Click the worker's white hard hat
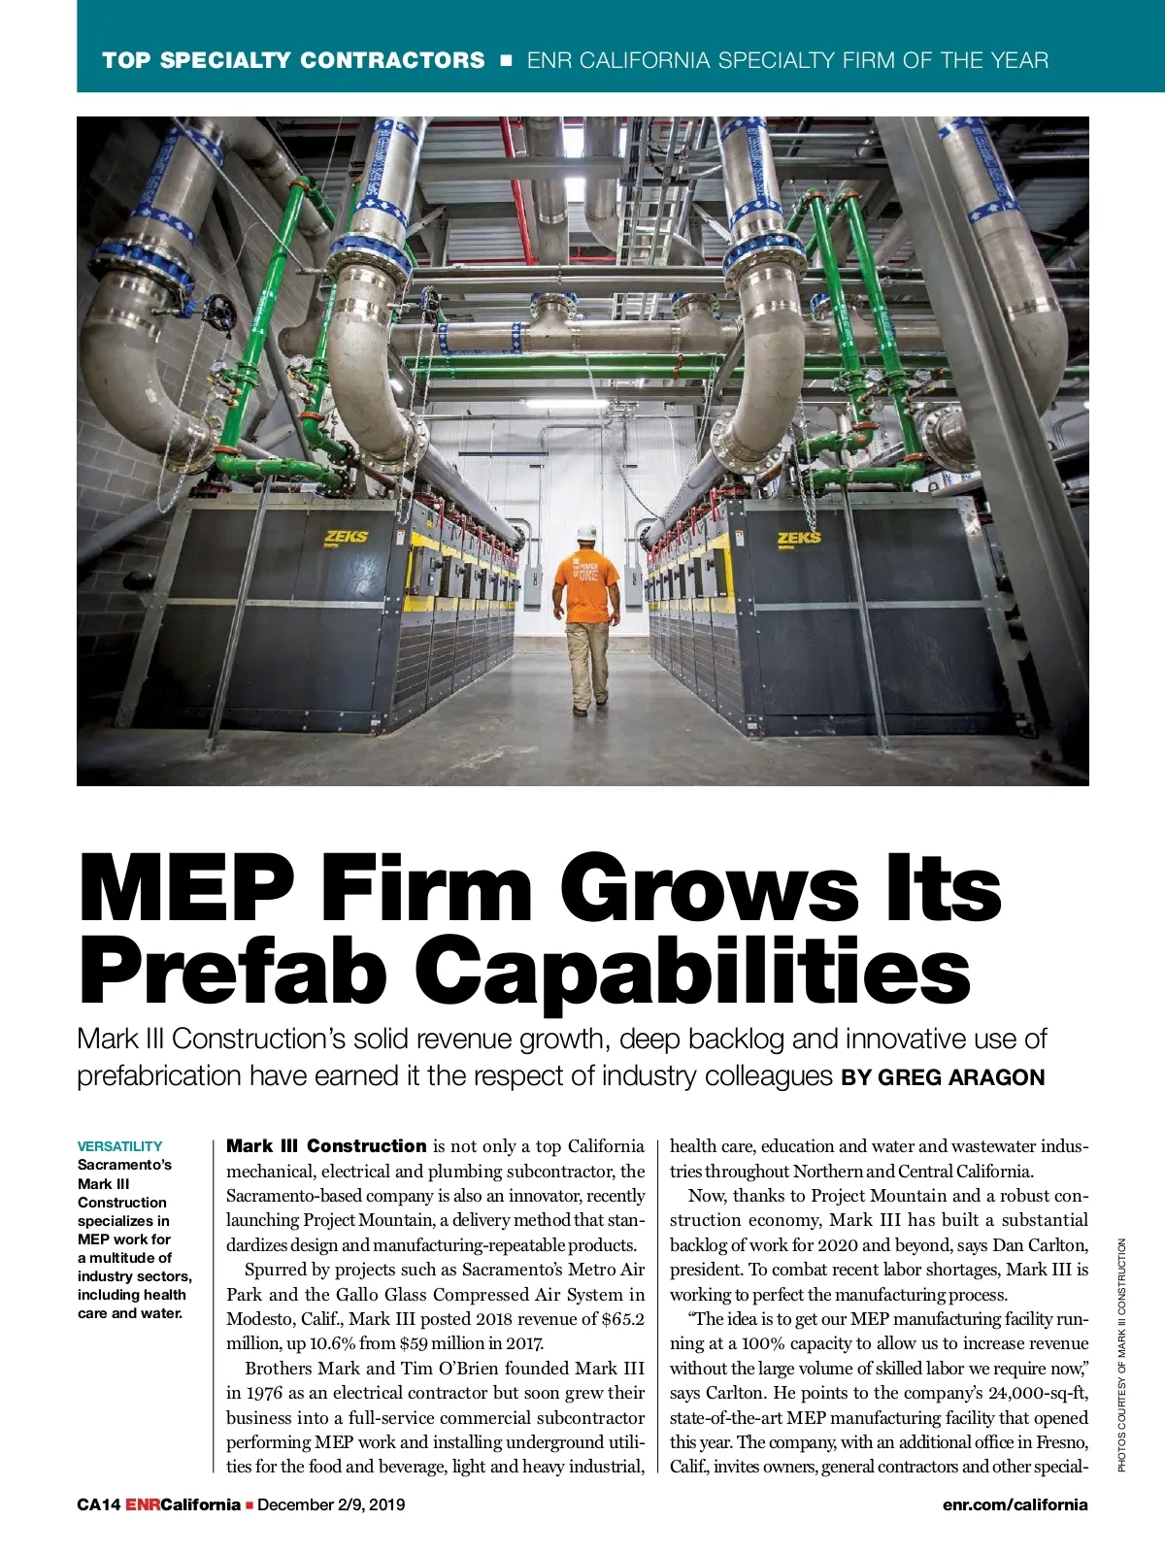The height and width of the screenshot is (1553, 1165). (x=586, y=532)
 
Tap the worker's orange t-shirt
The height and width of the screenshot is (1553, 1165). (x=586, y=586)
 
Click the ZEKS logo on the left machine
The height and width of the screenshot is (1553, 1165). (x=347, y=536)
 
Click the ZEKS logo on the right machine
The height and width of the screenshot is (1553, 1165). (x=799, y=537)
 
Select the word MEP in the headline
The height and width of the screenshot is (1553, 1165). (x=186, y=888)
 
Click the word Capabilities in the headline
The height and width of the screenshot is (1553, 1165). (x=693, y=971)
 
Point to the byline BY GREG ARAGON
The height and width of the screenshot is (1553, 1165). (x=943, y=1077)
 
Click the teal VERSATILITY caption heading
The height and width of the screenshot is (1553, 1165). (x=119, y=1146)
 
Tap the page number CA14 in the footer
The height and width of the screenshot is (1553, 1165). (x=98, y=1504)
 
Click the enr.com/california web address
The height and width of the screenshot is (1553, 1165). (x=1015, y=1504)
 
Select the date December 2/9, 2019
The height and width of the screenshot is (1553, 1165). (x=331, y=1504)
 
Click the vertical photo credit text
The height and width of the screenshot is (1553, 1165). (x=1121, y=1354)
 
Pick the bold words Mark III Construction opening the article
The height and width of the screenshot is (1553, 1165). (x=326, y=1146)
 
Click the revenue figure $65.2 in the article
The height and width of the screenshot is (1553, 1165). (x=622, y=1319)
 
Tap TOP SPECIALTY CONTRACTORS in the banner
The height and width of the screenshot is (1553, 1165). (x=293, y=60)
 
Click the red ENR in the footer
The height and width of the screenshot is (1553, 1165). (x=143, y=1504)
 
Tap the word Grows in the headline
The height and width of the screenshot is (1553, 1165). (x=709, y=888)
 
